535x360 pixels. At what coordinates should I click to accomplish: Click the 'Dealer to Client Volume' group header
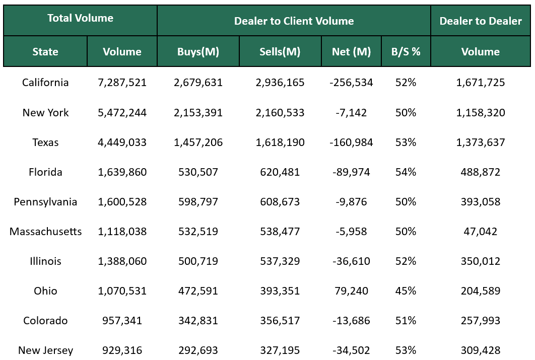294,21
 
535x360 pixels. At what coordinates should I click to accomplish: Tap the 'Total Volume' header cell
80,18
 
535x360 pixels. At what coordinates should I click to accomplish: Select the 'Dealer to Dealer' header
481,21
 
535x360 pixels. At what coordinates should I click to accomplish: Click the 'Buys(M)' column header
198,52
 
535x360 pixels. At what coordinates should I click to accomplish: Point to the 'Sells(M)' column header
280,52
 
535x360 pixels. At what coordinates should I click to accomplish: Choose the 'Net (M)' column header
351,52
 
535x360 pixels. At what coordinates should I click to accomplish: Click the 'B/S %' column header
406,52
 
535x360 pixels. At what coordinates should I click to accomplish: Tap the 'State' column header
45,52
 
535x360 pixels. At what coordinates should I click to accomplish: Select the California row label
45,83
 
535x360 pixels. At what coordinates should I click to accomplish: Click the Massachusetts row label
45,232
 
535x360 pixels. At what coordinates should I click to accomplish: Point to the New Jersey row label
45,350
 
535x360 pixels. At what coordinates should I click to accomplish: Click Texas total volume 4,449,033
122,142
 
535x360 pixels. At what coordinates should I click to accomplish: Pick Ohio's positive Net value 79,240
351,291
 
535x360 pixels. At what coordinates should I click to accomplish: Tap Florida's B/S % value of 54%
406,172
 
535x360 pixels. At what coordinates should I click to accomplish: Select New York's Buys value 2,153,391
198,113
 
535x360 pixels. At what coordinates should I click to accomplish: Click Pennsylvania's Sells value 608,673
280,202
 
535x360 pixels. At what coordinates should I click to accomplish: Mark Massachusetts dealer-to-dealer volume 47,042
481,232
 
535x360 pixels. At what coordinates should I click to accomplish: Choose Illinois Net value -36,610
351,261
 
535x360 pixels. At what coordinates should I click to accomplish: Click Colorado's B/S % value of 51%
406,321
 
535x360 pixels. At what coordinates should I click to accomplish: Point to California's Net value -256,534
351,83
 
